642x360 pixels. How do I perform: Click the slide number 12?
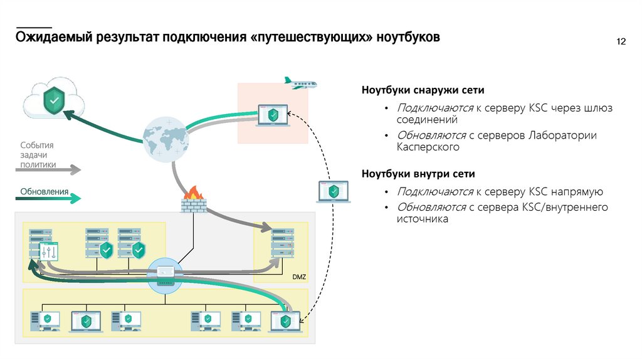click(622, 42)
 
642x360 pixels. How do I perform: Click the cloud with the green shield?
click(53, 100)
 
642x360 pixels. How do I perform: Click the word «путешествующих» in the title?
click(312, 38)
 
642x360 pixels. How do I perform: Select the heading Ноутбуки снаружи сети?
click(423, 90)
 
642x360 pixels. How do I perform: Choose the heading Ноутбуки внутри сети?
click(418, 173)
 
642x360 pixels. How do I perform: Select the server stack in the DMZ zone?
click(282, 244)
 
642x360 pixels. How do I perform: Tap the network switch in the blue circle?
click(166, 276)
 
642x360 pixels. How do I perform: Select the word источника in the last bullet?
click(422, 220)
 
